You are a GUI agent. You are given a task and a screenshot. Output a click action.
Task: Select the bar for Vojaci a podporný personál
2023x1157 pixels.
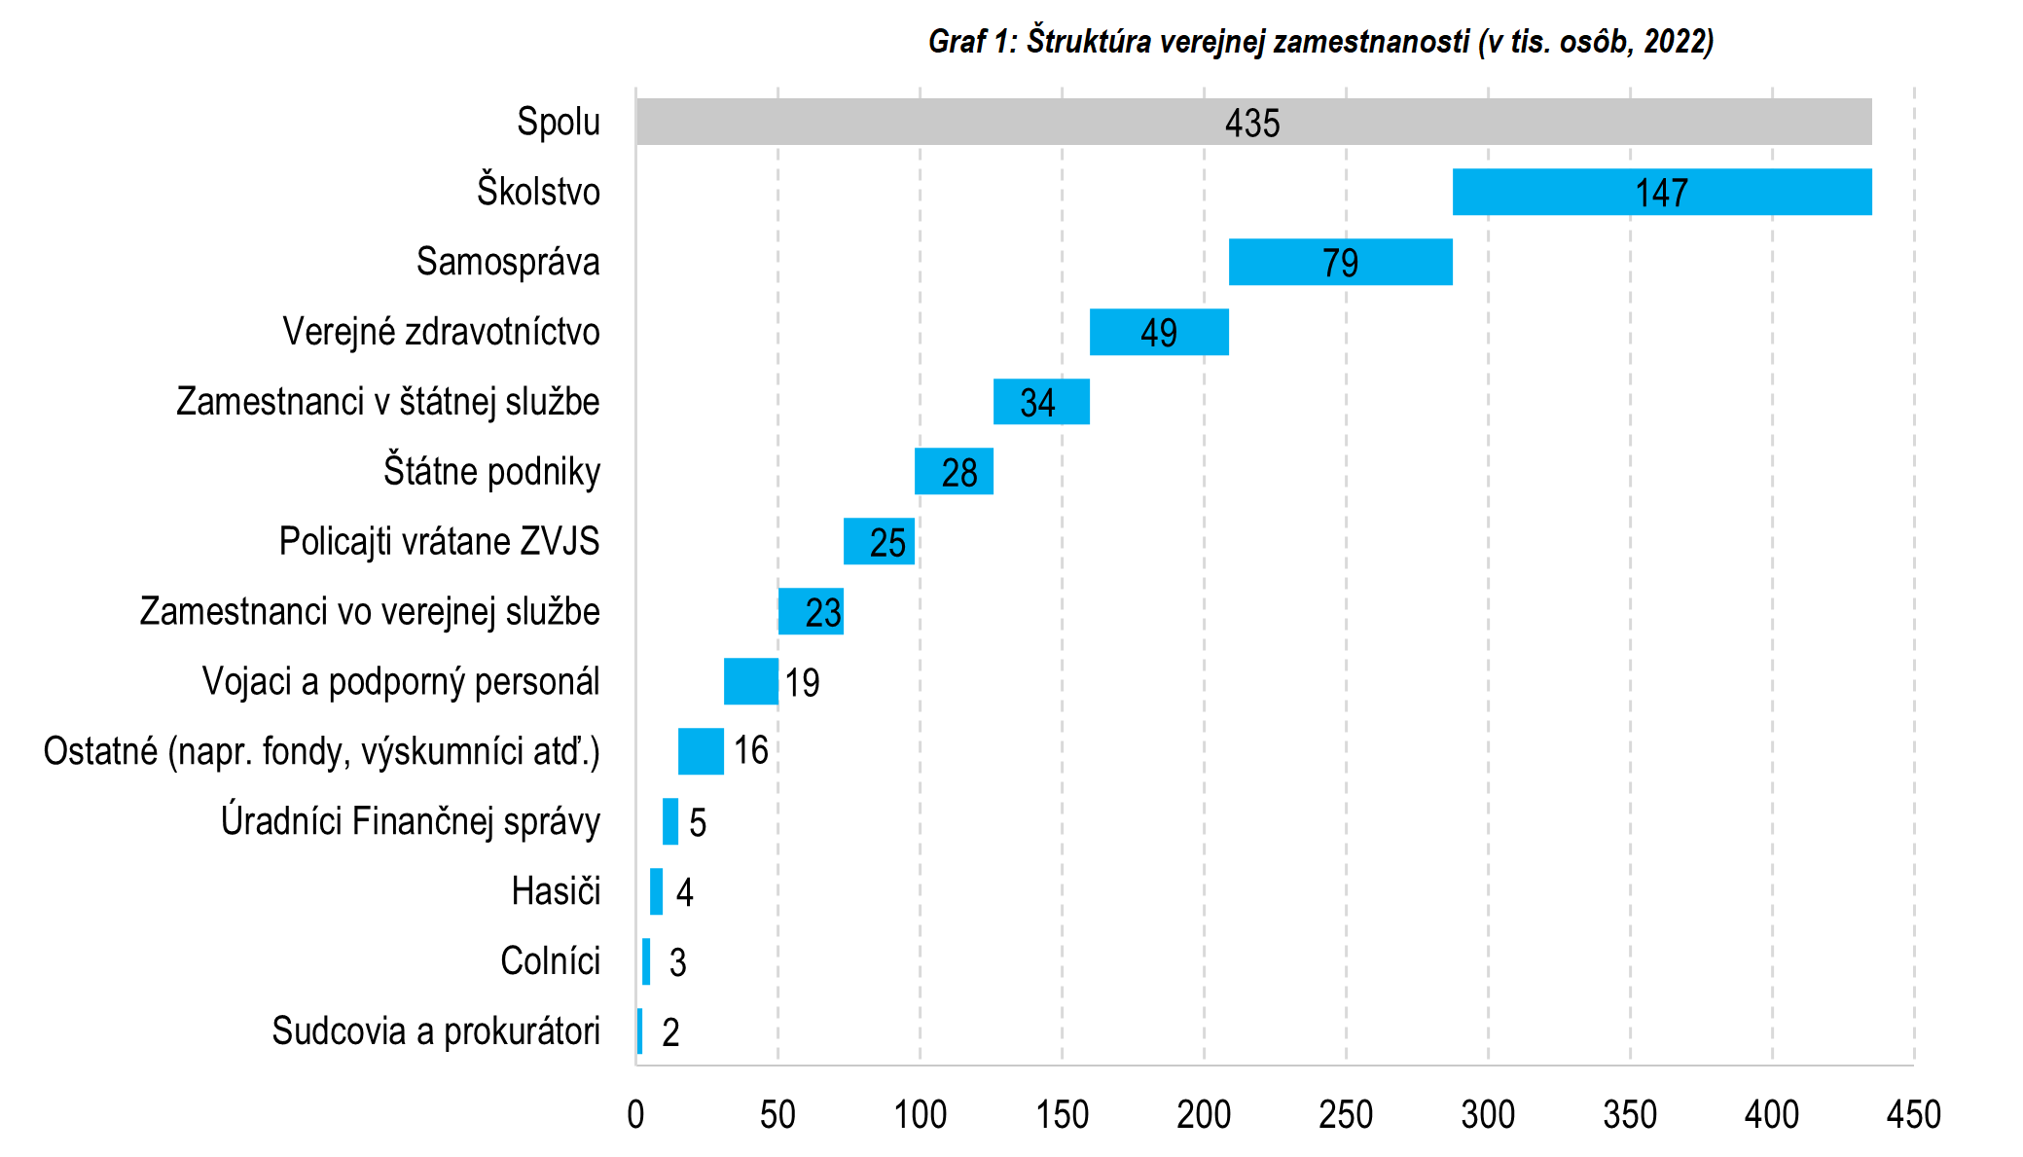750,681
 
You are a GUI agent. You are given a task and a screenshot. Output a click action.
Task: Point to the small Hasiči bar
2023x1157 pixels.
656,891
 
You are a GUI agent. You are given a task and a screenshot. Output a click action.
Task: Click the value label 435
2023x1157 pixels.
1252,124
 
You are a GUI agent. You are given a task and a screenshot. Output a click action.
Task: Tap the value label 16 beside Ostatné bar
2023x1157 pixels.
750,750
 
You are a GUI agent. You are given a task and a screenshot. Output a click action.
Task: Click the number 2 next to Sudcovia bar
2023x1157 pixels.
670,1032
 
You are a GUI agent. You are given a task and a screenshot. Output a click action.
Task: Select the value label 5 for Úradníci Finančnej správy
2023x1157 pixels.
697,823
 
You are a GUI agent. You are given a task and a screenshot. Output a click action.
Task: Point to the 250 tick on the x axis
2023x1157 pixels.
1346,1114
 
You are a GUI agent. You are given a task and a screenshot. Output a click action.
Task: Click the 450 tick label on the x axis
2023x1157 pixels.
1913,1114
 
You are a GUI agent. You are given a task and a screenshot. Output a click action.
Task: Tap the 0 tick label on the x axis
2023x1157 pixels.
635,1114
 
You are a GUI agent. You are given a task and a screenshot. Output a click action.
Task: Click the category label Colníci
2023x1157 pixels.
550,961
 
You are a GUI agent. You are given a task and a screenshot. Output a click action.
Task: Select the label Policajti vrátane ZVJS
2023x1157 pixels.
439,541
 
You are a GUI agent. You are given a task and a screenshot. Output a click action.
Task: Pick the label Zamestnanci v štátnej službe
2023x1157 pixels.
387,402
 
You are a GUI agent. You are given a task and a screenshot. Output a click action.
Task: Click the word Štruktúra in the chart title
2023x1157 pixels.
1088,41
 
